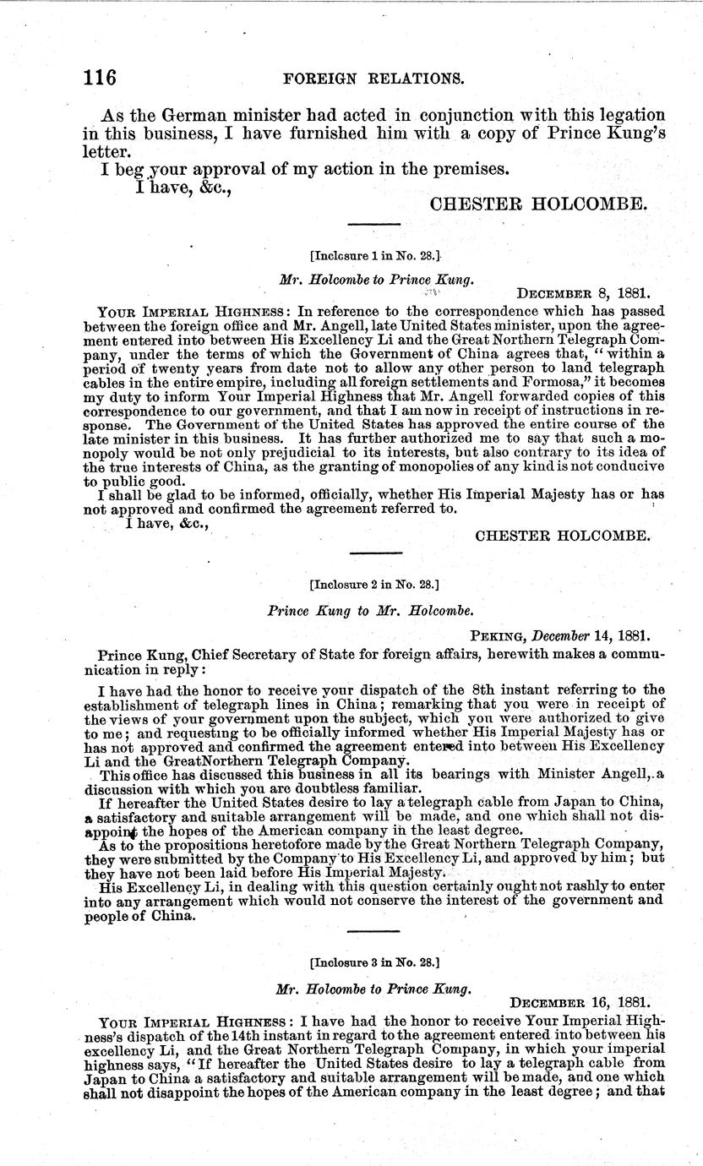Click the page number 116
pyautogui.click(x=100, y=78)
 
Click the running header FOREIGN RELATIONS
pyautogui.click(x=374, y=79)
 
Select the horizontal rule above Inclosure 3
pyautogui.click(x=374, y=931)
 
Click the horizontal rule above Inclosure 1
pyautogui.click(x=374, y=224)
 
